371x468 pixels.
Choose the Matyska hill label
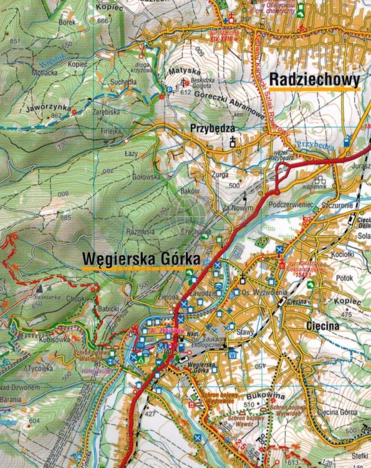182,72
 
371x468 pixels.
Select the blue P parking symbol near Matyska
168,90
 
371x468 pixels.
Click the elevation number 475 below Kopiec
347,315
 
